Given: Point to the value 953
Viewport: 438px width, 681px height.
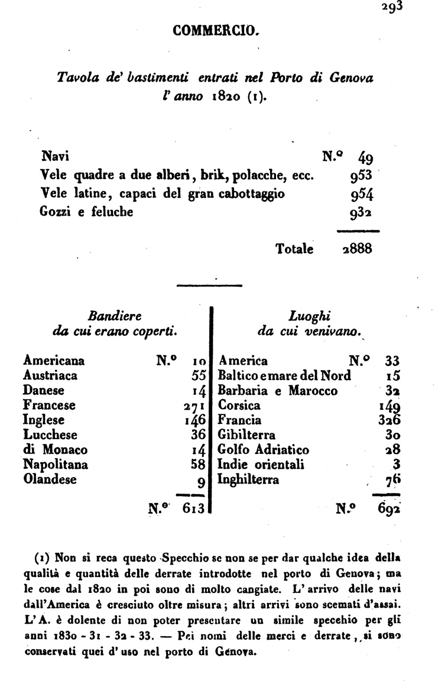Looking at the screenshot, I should (361, 176).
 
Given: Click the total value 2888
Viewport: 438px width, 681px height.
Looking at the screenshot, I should (356, 248).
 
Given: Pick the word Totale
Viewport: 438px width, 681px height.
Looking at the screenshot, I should (294, 249).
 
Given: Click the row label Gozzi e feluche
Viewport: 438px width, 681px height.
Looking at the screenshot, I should (86, 211).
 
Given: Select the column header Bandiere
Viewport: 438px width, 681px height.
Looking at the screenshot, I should (114, 315).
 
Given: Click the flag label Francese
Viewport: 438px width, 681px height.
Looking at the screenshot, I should (49, 406).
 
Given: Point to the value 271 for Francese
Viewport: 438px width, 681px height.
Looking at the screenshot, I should (194, 406).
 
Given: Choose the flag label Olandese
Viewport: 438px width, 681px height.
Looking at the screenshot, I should (50, 479).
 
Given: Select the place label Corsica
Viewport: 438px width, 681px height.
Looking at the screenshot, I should (239, 406).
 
